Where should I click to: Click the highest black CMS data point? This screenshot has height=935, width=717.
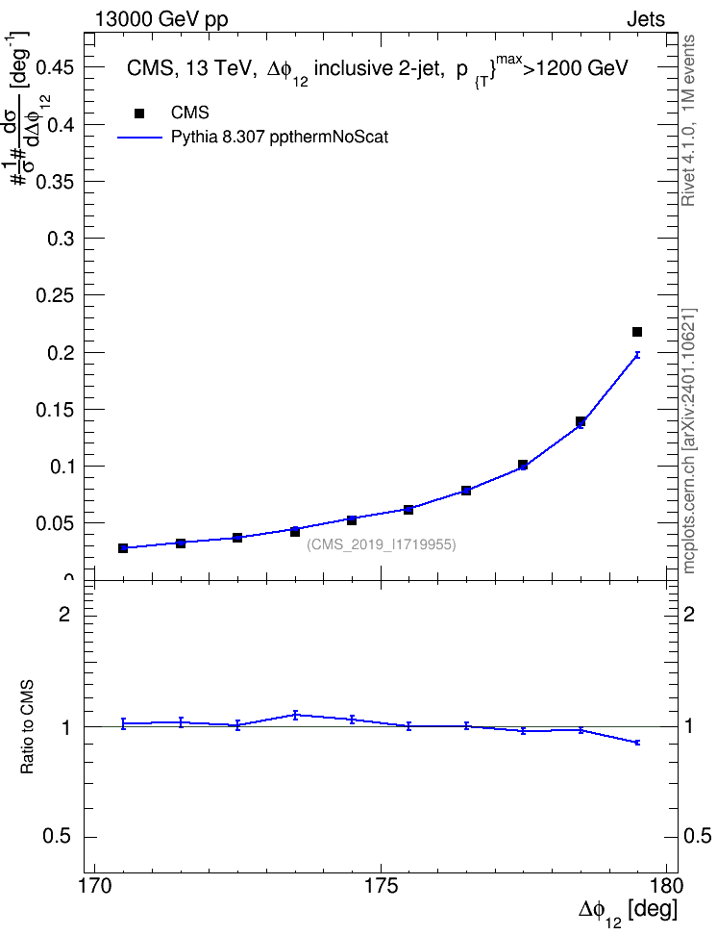point(637,332)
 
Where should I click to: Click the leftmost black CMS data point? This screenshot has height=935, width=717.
point(123,548)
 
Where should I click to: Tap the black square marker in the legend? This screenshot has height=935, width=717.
point(139,114)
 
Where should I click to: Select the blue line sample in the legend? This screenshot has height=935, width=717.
point(140,138)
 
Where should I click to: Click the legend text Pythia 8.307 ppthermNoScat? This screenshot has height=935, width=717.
point(280,138)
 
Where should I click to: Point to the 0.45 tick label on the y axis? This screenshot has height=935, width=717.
point(55,68)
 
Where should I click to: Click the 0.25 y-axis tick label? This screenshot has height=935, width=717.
point(55,295)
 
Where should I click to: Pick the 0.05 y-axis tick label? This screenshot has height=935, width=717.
point(55,523)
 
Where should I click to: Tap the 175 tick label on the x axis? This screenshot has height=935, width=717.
point(382,886)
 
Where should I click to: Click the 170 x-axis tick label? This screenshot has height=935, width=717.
point(95,886)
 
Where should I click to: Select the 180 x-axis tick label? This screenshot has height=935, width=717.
point(661,886)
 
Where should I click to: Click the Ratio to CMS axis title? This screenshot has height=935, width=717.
point(27,727)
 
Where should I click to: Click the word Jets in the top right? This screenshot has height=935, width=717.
point(646,19)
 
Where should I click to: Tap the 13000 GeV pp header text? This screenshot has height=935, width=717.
point(161,20)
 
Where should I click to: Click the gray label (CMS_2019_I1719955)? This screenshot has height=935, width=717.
point(382,544)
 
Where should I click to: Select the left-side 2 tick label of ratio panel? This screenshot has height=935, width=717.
point(64,614)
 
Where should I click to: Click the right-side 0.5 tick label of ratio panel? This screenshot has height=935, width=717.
point(697,837)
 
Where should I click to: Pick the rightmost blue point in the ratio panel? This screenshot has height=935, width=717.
point(637,743)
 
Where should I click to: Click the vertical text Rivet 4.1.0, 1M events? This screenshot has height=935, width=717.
point(689,120)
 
